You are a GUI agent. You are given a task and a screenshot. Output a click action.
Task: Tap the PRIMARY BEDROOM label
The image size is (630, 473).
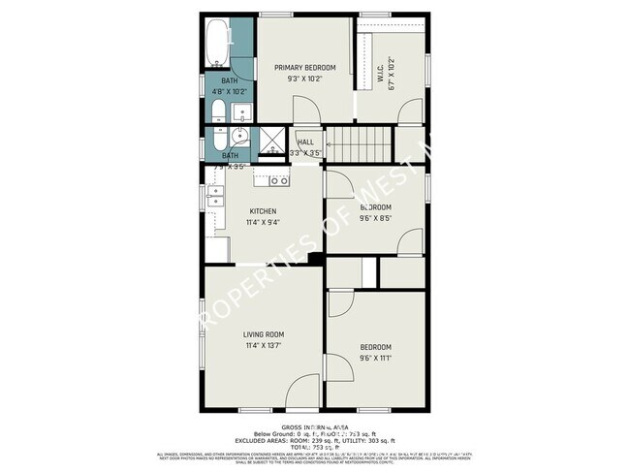304,68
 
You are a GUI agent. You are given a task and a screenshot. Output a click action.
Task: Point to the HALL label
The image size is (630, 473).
305,142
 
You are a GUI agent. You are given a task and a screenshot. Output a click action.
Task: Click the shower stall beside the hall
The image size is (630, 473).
266,142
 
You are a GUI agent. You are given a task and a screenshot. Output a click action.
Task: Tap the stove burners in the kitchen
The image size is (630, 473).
278,180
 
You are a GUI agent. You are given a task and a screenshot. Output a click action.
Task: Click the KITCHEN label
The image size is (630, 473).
263,211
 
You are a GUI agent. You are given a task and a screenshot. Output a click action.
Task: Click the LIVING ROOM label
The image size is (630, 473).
263,334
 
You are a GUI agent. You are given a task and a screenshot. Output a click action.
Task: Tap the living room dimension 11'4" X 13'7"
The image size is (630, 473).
263,345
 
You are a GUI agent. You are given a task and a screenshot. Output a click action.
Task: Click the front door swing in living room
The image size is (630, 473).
304,390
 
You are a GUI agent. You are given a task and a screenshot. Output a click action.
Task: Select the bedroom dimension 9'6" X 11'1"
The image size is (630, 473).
376,358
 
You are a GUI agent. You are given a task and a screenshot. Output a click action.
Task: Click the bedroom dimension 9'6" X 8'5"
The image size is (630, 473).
376,218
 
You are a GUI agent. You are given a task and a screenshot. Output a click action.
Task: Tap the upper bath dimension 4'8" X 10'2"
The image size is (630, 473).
230,91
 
